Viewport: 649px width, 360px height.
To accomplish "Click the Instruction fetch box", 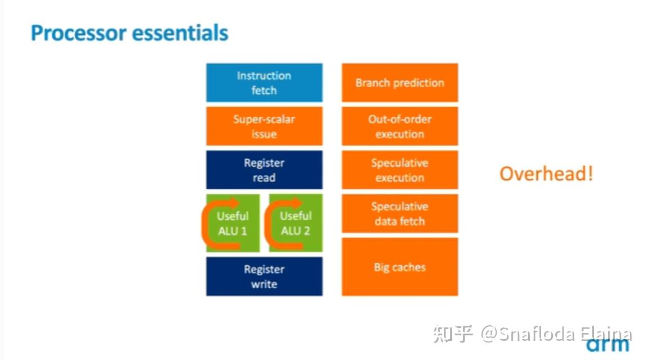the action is [264, 83].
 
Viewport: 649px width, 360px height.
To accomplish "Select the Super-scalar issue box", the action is [264, 126].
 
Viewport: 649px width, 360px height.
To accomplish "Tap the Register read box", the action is [264, 170].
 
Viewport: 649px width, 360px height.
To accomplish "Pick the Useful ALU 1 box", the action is [233, 223].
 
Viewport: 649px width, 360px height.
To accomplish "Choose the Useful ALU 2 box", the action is [296, 223].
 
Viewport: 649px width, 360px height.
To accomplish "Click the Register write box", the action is [264, 276].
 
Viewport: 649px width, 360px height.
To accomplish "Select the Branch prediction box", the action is [400, 83].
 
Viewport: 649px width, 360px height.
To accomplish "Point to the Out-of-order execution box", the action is [400, 126].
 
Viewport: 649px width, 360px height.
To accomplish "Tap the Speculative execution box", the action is [400, 170].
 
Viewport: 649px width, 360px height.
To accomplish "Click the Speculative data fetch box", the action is [400, 213].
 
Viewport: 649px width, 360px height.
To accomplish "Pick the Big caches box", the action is [400, 267].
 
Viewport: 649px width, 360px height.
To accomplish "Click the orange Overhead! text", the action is [546, 174].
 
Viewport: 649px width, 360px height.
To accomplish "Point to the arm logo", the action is [607, 345].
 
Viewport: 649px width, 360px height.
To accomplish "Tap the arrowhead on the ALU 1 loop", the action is [235, 203].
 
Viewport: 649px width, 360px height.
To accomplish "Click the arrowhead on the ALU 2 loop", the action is [297, 203].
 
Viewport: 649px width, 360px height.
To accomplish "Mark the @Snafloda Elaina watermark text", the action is [556, 334].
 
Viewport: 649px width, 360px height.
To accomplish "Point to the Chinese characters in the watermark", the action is [453, 334].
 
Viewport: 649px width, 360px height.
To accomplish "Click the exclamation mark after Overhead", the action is [590, 174].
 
